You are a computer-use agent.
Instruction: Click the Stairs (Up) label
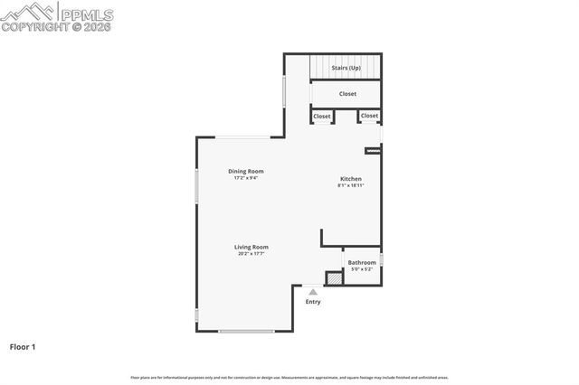coord(346,68)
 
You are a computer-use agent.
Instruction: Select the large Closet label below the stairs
coord(347,94)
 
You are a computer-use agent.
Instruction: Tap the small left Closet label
coord(322,116)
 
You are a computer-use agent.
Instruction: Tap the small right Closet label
coord(369,116)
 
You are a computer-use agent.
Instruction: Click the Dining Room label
coord(245,171)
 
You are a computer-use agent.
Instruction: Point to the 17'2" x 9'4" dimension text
coord(245,178)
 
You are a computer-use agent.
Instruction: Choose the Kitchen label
coord(351,179)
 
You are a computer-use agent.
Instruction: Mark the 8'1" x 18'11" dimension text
coord(351,186)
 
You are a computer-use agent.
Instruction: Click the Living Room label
coord(252,247)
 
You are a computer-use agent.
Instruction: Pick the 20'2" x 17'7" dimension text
coord(252,254)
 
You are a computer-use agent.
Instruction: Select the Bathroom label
coord(362,262)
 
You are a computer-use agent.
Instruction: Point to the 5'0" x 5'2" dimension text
coord(362,269)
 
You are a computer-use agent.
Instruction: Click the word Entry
coord(313,302)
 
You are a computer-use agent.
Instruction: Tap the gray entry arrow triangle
coord(313,292)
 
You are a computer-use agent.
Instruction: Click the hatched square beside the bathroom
coord(334,279)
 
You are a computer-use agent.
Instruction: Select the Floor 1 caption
coord(23,346)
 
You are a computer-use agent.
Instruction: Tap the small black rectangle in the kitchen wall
coord(372,150)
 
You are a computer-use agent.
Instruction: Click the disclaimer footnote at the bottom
coord(289,377)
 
